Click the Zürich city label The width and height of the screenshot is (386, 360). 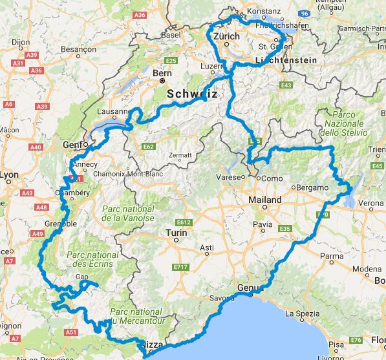pos(227,37)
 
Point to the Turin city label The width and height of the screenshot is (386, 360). pos(176,232)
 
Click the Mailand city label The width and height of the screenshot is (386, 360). pos(265,200)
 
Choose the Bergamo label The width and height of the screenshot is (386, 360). pos(311,187)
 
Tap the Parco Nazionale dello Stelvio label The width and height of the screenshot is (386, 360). pos(347,123)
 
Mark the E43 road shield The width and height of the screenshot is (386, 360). pos(286,85)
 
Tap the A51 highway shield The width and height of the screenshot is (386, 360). pos(72,333)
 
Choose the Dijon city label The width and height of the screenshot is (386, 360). pos(21,43)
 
